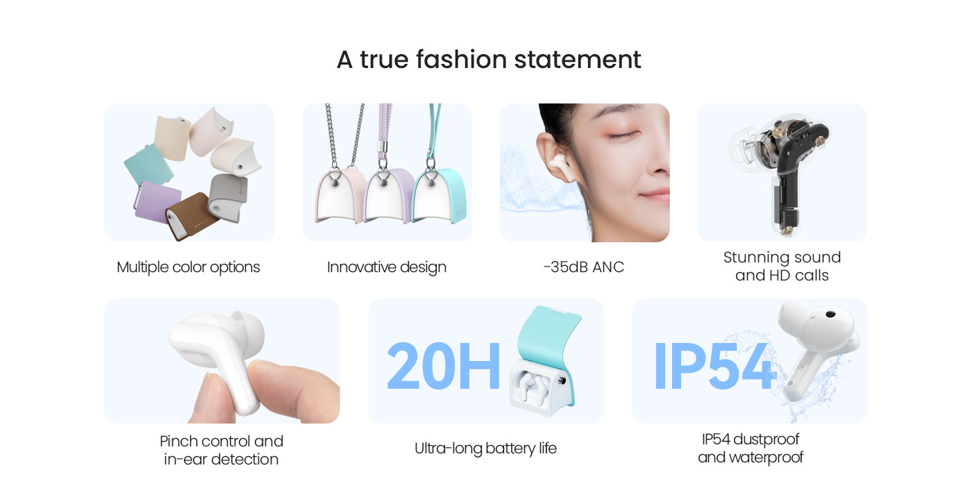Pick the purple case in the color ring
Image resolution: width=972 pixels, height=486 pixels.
point(157,203)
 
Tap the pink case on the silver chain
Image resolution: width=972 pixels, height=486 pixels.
point(341,195)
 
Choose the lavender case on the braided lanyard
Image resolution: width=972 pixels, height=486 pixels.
point(389,195)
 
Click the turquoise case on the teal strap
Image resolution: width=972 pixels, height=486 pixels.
point(439,195)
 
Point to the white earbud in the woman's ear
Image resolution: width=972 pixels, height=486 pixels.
point(562,167)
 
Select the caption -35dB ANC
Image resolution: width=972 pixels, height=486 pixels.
point(584,267)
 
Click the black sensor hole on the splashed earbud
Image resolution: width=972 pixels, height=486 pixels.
point(830,314)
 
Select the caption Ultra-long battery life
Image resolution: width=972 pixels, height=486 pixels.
point(485,449)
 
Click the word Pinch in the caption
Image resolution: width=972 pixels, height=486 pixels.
point(179,442)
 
